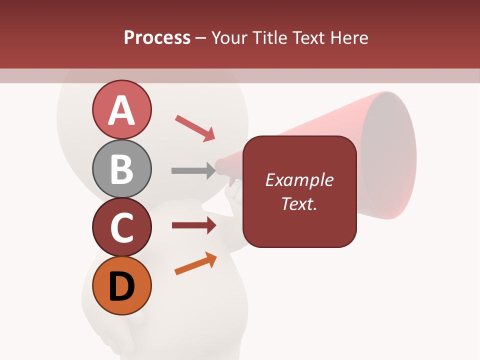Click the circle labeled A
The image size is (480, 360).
[x=121, y=110]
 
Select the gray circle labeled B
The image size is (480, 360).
[x=121, y=168]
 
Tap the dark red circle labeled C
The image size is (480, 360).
[x=121, y=227]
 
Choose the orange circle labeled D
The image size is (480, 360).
[x=121, y=285]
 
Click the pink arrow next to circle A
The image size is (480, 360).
[x=195, y=128]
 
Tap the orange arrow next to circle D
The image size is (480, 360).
[x=195, y=263]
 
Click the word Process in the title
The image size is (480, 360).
[x=157, y=37]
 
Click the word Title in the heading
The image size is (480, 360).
[x=269, y=37]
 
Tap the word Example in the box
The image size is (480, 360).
[x=299, y=180]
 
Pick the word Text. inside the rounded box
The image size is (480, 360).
[x=299, y=203]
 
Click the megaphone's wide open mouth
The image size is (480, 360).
[x=388, y=155]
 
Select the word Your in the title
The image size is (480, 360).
[x=230, y=37]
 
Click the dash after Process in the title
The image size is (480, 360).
[x=201, y=38]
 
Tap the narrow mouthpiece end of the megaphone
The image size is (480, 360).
[x=220, y=167]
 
